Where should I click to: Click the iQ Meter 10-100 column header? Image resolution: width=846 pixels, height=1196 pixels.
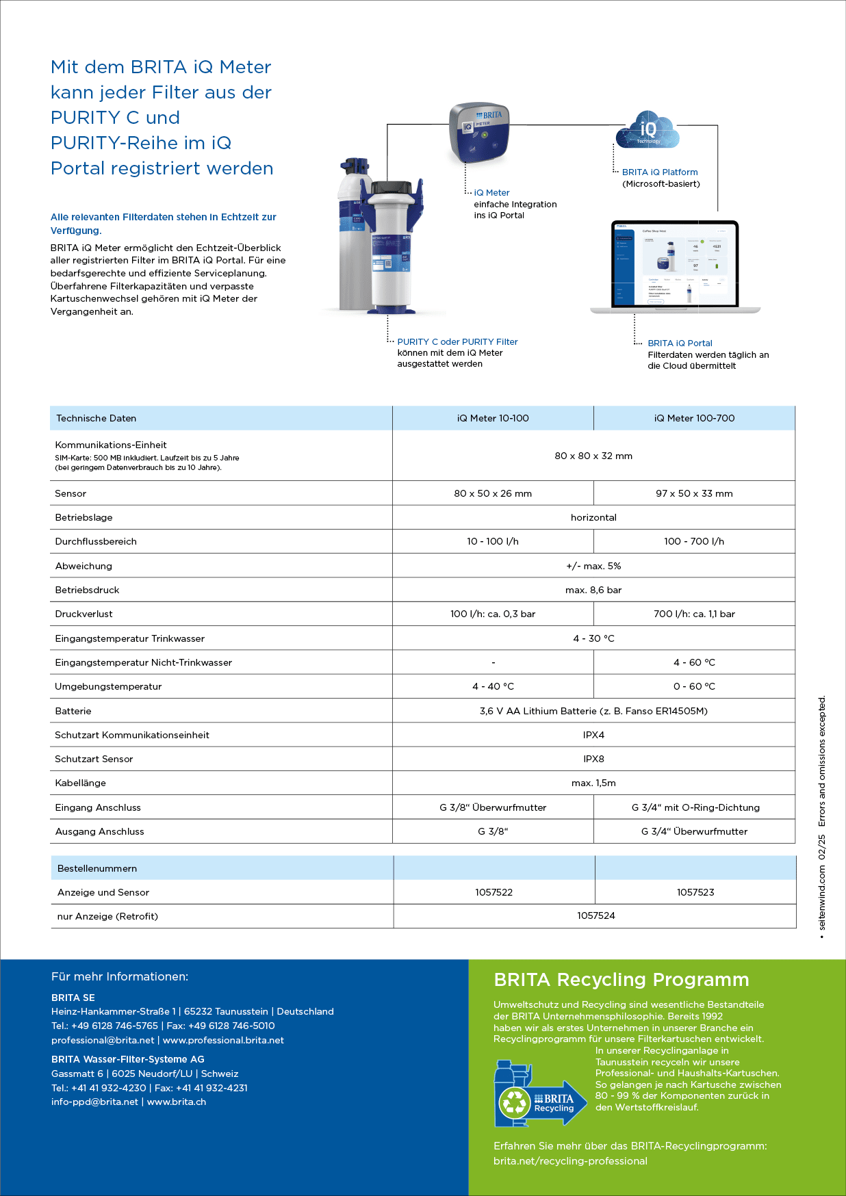click(x=493, y=418)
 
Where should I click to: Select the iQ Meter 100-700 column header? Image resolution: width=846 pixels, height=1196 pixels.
click(x=694, y=418)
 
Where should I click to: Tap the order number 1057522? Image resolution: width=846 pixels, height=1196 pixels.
click(x=493, y=892)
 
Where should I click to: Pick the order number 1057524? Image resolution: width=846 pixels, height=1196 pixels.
click(x=595, y=915)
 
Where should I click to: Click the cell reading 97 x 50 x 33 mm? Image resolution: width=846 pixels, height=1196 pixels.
click(x=694, y=493)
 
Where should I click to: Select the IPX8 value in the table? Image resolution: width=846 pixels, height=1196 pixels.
click(x=593, y=759)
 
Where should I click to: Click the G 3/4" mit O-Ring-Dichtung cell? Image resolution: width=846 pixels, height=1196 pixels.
click(x=695, y=807)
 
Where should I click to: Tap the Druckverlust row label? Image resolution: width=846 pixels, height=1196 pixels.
click(x=84, y=614)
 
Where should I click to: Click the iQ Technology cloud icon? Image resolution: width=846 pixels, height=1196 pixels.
click(x=647, y=130)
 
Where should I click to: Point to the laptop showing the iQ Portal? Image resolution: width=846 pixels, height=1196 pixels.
click(x=675, y=267)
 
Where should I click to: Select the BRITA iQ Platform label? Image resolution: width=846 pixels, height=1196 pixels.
click(x=660, y=172)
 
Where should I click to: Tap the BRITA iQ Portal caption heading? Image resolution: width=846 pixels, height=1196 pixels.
click(x=680, y=343)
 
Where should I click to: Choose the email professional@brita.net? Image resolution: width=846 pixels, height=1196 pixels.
click(x=103, y=1040)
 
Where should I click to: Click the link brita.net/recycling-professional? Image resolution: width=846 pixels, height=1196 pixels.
click(x=570, y=1161)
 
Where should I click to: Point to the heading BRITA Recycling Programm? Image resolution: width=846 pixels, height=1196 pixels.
click(x=621, y=980)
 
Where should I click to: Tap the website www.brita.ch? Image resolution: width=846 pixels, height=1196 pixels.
click(x=177, y=1102)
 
